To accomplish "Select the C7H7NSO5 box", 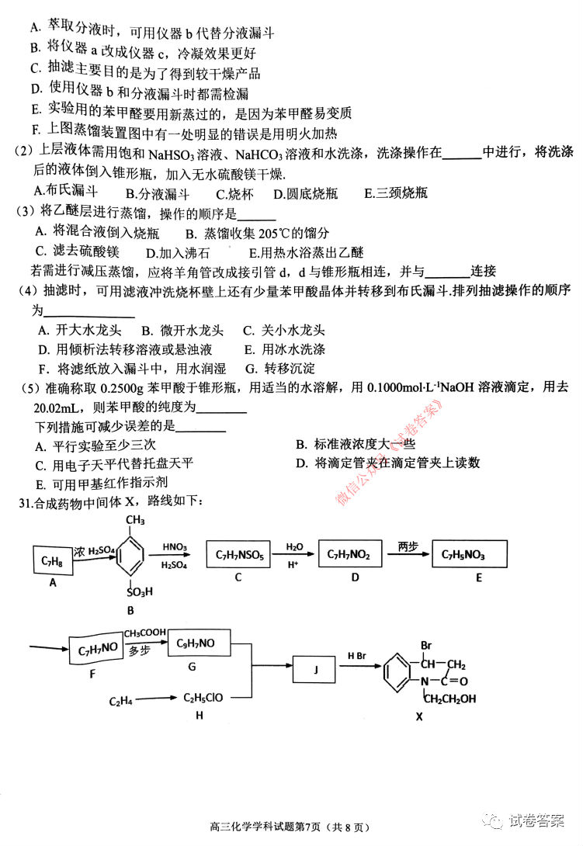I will pos(238,555).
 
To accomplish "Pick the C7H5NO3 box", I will pos(468,554).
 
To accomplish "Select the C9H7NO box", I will pos(195,643).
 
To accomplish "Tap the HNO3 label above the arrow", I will pos(175,547).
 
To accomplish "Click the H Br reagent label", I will pos(357,656).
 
